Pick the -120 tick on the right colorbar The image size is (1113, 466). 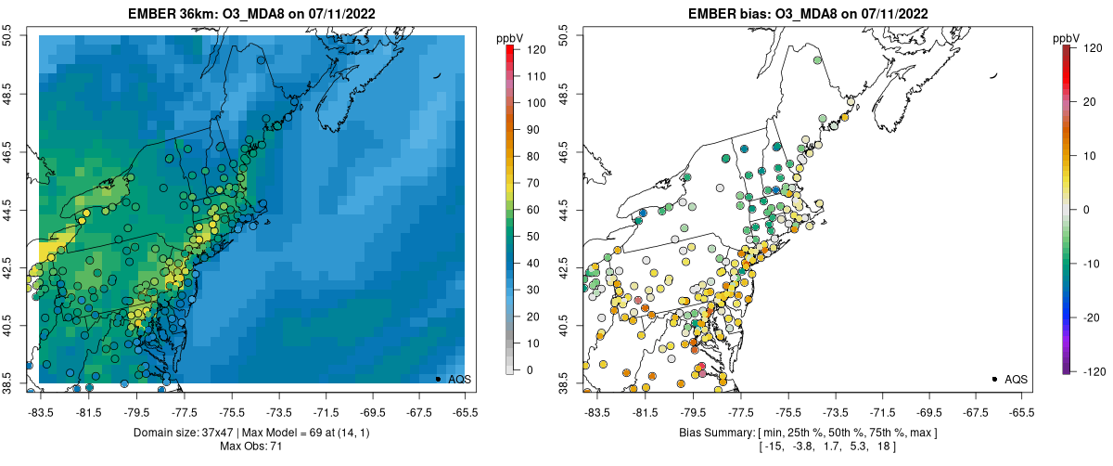click(1091, 370)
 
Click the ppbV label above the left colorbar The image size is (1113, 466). click(510, 37)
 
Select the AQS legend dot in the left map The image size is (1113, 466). click(438, 379)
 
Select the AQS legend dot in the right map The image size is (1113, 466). click(994, 379)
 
